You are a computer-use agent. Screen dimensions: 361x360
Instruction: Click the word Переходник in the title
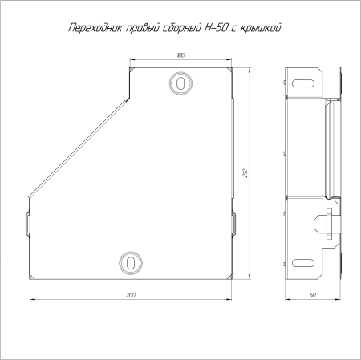[x=95, y=28]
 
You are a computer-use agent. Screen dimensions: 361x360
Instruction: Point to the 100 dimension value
[x=180, y=55]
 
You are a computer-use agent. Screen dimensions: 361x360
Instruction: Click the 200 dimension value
[x=131, y=295]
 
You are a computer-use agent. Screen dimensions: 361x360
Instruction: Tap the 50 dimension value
[x=313, y=295]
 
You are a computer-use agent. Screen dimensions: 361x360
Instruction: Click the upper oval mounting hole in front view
[x=181, y=83]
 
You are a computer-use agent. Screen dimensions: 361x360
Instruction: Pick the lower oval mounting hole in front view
[x=131, y=263]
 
